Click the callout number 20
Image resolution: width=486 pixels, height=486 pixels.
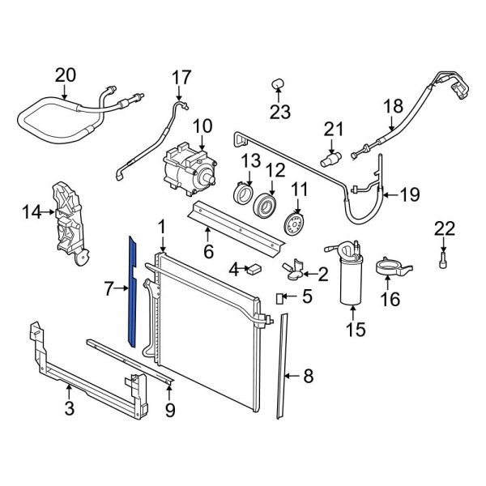pos(65,75)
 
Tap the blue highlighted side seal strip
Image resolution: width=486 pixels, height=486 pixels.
pos(130,288)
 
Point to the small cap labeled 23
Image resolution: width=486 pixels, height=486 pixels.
pos(277,83)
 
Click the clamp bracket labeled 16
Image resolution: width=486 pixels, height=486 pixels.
pos(395,265)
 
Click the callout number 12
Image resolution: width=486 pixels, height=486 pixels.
pos(276,170)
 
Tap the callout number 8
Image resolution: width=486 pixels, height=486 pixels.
pos(308,375)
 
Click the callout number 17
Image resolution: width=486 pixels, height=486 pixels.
pos(181,79)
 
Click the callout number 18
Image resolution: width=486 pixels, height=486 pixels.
pos(392,106)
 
